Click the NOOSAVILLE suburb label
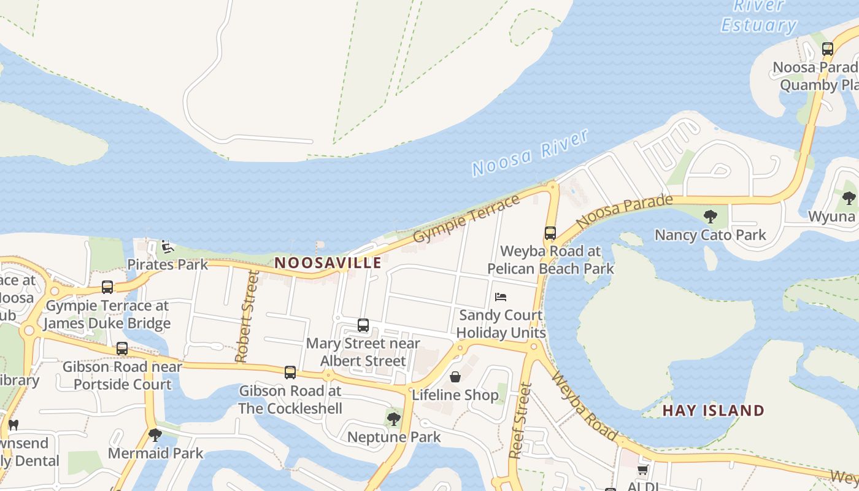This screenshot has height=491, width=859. pyautogui.click(x=328, y=263)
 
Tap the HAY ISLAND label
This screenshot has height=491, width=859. pyautogui.click(x=714, y=411)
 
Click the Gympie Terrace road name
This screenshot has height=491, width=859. pyautogui.click(x=466, y=218)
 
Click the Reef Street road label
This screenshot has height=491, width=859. pyautogui.click(x=520, y=420)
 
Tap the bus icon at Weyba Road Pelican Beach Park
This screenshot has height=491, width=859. pyautogui.click(x=550, y=233)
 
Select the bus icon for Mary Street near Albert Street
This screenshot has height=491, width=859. pyautogui.click(x=363, y=325)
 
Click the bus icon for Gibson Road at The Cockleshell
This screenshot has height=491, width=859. pyautogui.click(x=290, y=372)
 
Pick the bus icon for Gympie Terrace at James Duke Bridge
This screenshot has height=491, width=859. pyautogui.click(x=107, y=287)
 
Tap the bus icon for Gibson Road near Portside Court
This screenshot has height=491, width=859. pyautogui.click(x=122, y=349)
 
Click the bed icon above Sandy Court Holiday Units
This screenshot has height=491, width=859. pyautogui.click(x=501, y=297)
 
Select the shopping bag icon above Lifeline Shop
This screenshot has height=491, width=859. pyautogui.click(x=455, y=376)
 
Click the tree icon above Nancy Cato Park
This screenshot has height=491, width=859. pyautogui.click(x=711, y=216)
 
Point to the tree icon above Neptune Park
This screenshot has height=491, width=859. pyautogui.click(x=394, y=419)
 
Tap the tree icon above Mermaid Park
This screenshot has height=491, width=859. pyautogui.click(x=155, y=435)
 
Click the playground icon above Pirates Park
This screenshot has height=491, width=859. pyautogui.click(x=167, y=247)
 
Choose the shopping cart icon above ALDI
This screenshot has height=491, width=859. pyautogui.click(x=642, y=470)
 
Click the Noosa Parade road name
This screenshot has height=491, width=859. pyautogui.click(x=625, y=211)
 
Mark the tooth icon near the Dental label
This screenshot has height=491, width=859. pyautogui.click(x=13, y=424)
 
